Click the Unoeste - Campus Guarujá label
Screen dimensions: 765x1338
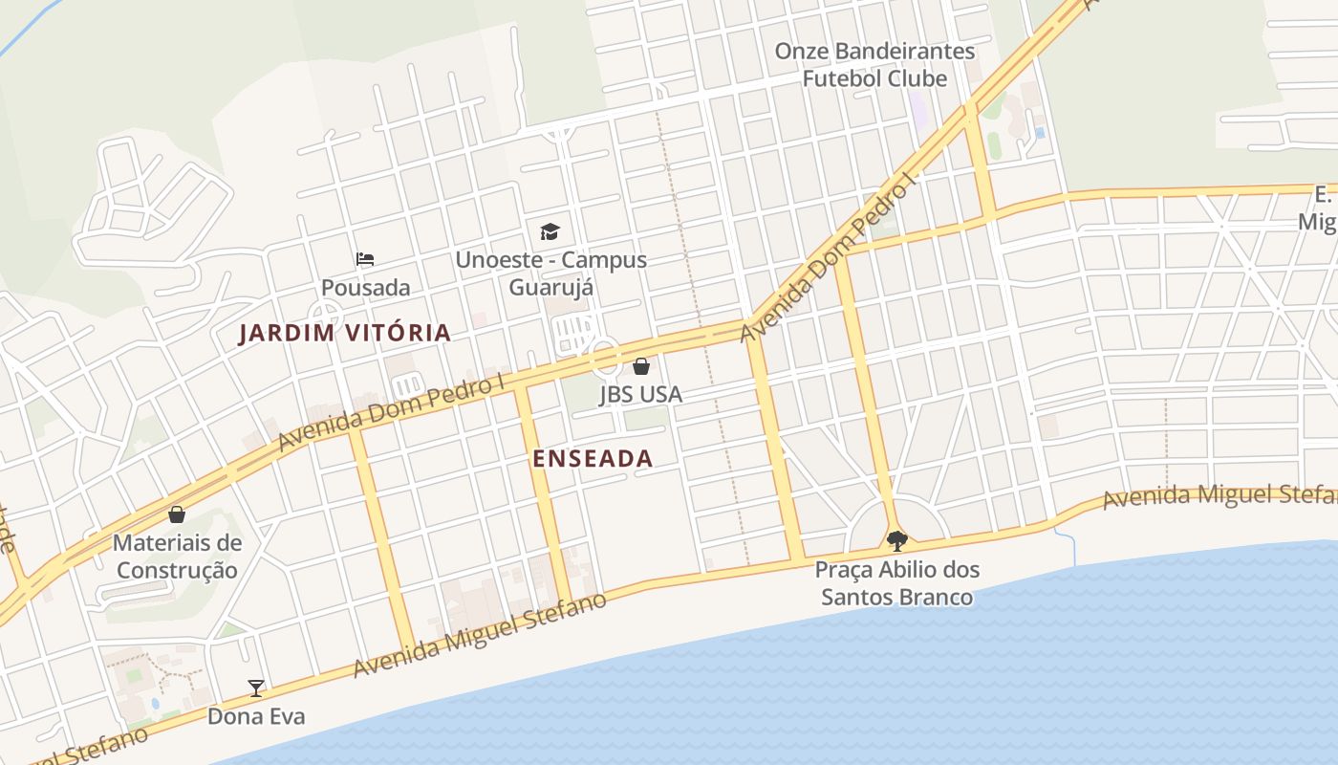[x=550, y=273]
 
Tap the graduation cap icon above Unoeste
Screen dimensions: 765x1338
[x=550, y=231]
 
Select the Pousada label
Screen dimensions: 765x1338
[x=365, y=288]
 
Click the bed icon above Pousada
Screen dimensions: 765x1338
[x=365, y=258]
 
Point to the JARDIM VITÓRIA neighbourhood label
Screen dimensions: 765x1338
[x=344, y=333]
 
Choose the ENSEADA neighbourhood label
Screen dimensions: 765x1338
[x=593, y=459]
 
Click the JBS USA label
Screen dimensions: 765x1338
[x=640, y=394]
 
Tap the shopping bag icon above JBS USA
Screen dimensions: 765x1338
[x=641, y=366]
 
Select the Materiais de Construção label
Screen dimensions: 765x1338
[x=177, y=557]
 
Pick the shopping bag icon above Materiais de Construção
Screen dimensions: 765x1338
[x=177, y=514]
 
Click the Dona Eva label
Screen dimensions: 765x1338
[x=256, y=716]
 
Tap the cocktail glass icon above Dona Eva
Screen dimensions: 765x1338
[x=256, y=688]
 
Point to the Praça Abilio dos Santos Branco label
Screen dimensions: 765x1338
[x=896, y=583]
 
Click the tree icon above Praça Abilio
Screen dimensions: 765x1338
[x=896, y=541]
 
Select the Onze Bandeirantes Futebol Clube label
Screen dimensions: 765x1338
[x=874, y=65]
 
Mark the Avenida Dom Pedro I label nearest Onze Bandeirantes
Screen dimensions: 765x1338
[x=828, y=258]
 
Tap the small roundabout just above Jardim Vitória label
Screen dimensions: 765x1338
[x=326, y=313]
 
